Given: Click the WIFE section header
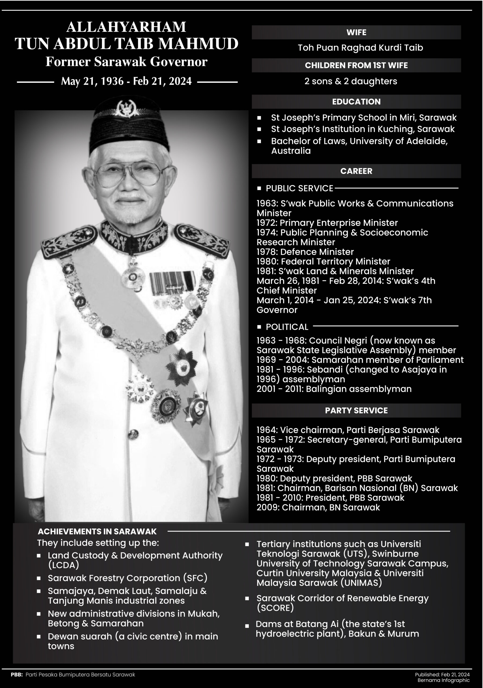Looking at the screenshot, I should coord(356,32).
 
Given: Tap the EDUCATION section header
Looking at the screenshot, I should coord(356,102).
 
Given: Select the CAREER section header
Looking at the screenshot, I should coord(356,171).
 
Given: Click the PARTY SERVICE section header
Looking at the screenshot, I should coord(356,411).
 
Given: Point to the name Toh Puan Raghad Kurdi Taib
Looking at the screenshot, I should coord(360,48).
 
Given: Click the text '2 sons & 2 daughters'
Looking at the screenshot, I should coord(350,81).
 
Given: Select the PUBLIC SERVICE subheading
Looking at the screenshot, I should coord(299,188).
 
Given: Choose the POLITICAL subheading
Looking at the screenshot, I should coord(287,327).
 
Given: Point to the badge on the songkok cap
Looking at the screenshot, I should coord(127,108).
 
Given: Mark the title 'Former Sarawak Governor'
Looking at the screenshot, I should coord(126,62).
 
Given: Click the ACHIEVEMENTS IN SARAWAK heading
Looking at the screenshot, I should coord(97,532).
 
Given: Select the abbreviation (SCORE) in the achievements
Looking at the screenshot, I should coord(275,608).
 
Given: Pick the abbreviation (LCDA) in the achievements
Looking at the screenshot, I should coord(63,565).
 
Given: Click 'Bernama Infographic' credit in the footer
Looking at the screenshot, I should coord(444,680).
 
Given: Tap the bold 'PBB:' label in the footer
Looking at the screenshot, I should coord(17,675).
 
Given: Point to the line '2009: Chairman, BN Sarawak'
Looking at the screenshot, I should coord(318,507).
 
